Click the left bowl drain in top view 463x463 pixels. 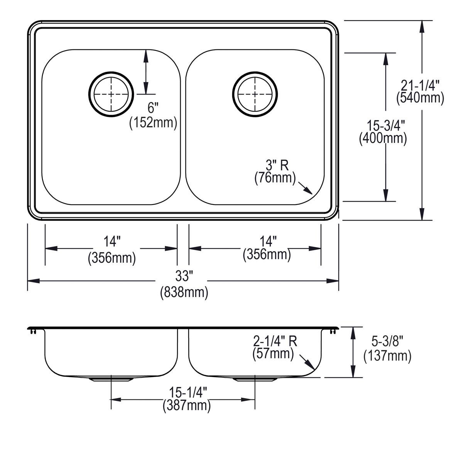click(111, 94)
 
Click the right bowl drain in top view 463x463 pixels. click(255, 94)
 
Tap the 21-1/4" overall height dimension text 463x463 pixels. click(420, 84)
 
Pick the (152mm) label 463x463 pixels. click(153, 123)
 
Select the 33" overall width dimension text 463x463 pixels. click(184, 276)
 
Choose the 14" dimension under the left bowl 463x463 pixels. click(112, 242)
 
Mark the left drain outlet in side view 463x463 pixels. click(111, 379)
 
